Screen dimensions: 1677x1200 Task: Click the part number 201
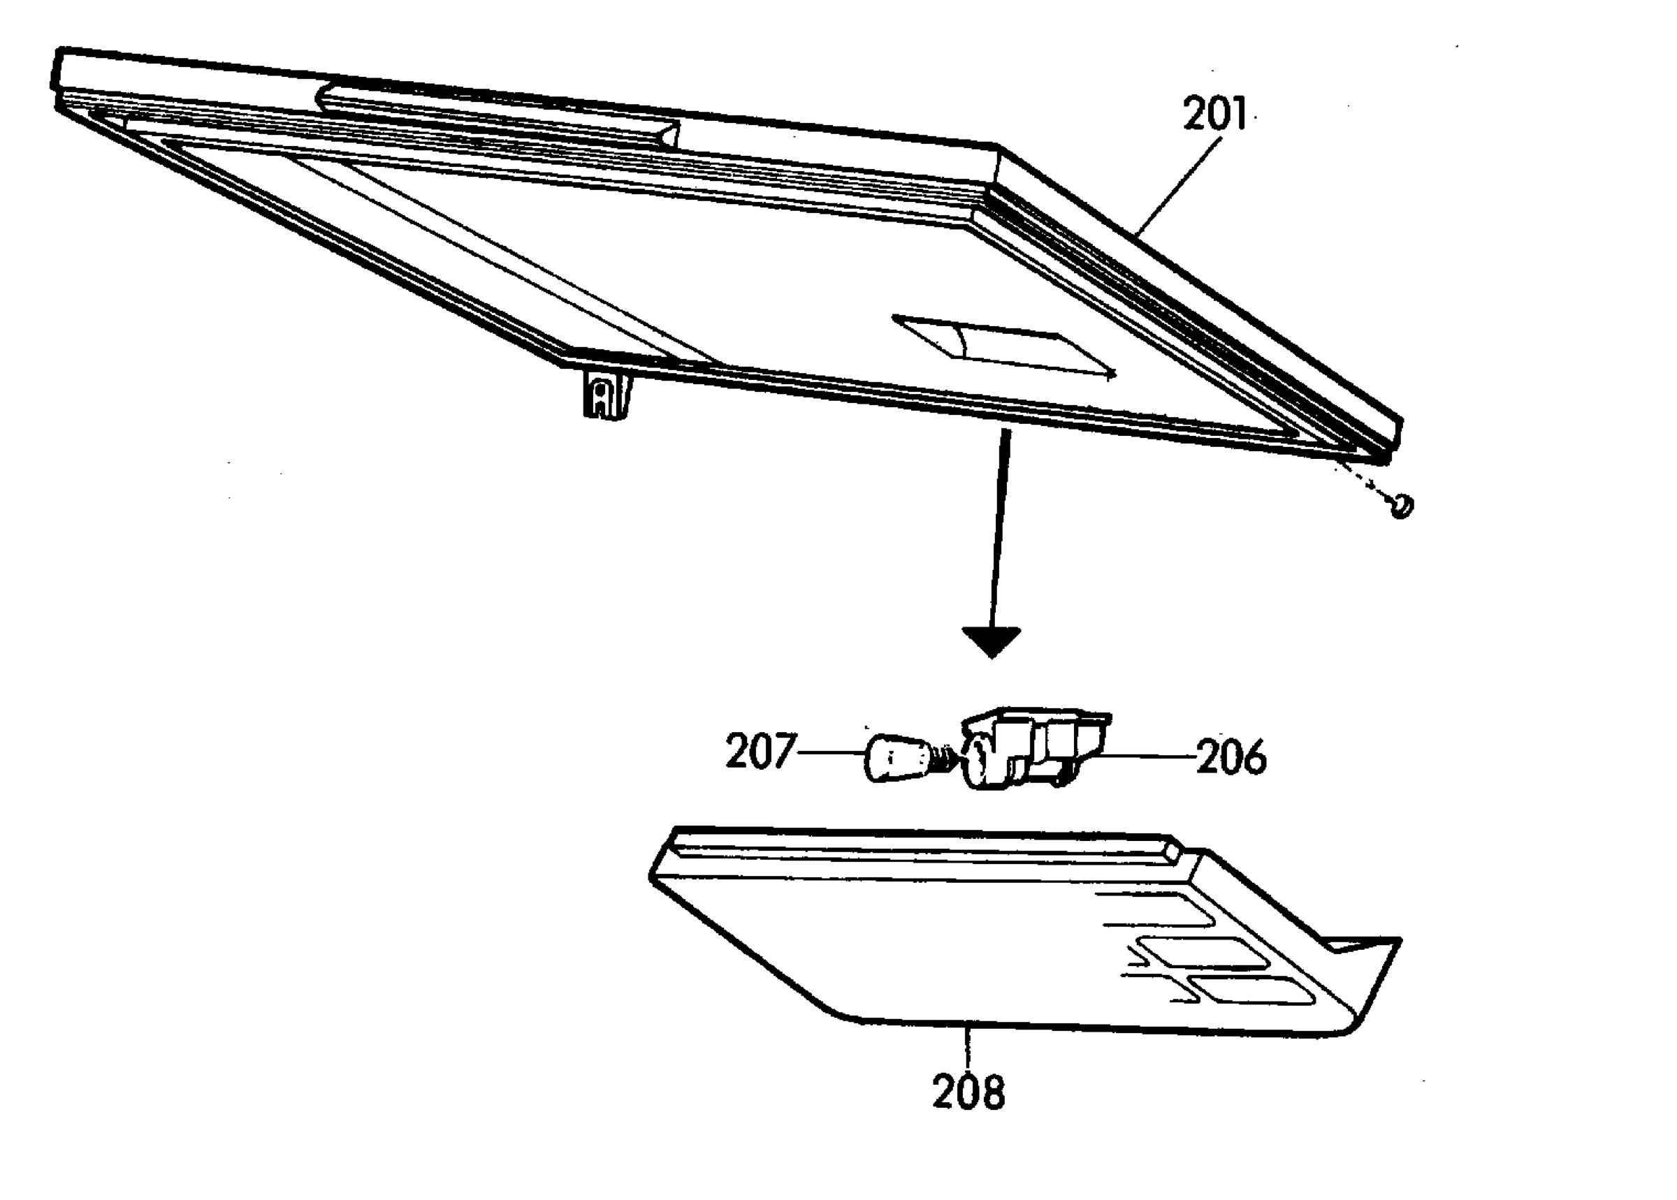1214,115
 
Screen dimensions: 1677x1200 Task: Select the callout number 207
760,752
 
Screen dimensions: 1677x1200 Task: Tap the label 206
1230,758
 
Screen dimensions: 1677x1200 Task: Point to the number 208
969,1092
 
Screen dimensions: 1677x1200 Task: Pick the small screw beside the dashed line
1401,506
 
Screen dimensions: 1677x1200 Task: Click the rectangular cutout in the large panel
1003,346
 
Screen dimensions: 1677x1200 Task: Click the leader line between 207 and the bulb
831,752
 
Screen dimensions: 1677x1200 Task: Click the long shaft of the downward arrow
999,529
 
